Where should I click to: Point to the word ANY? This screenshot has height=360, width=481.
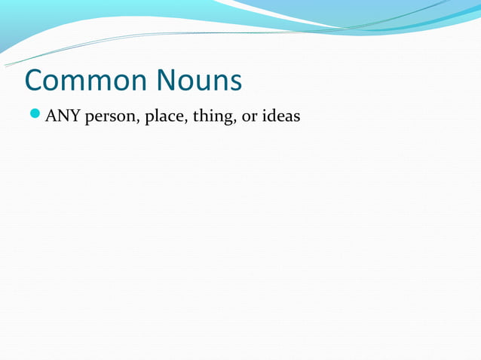(63, 117)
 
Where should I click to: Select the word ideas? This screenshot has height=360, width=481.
(280, 117)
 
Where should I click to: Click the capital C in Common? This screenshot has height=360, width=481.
(35, 81)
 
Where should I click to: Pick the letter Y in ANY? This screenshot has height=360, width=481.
(74, 117)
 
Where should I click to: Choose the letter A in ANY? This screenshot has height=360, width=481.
(51, 117)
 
